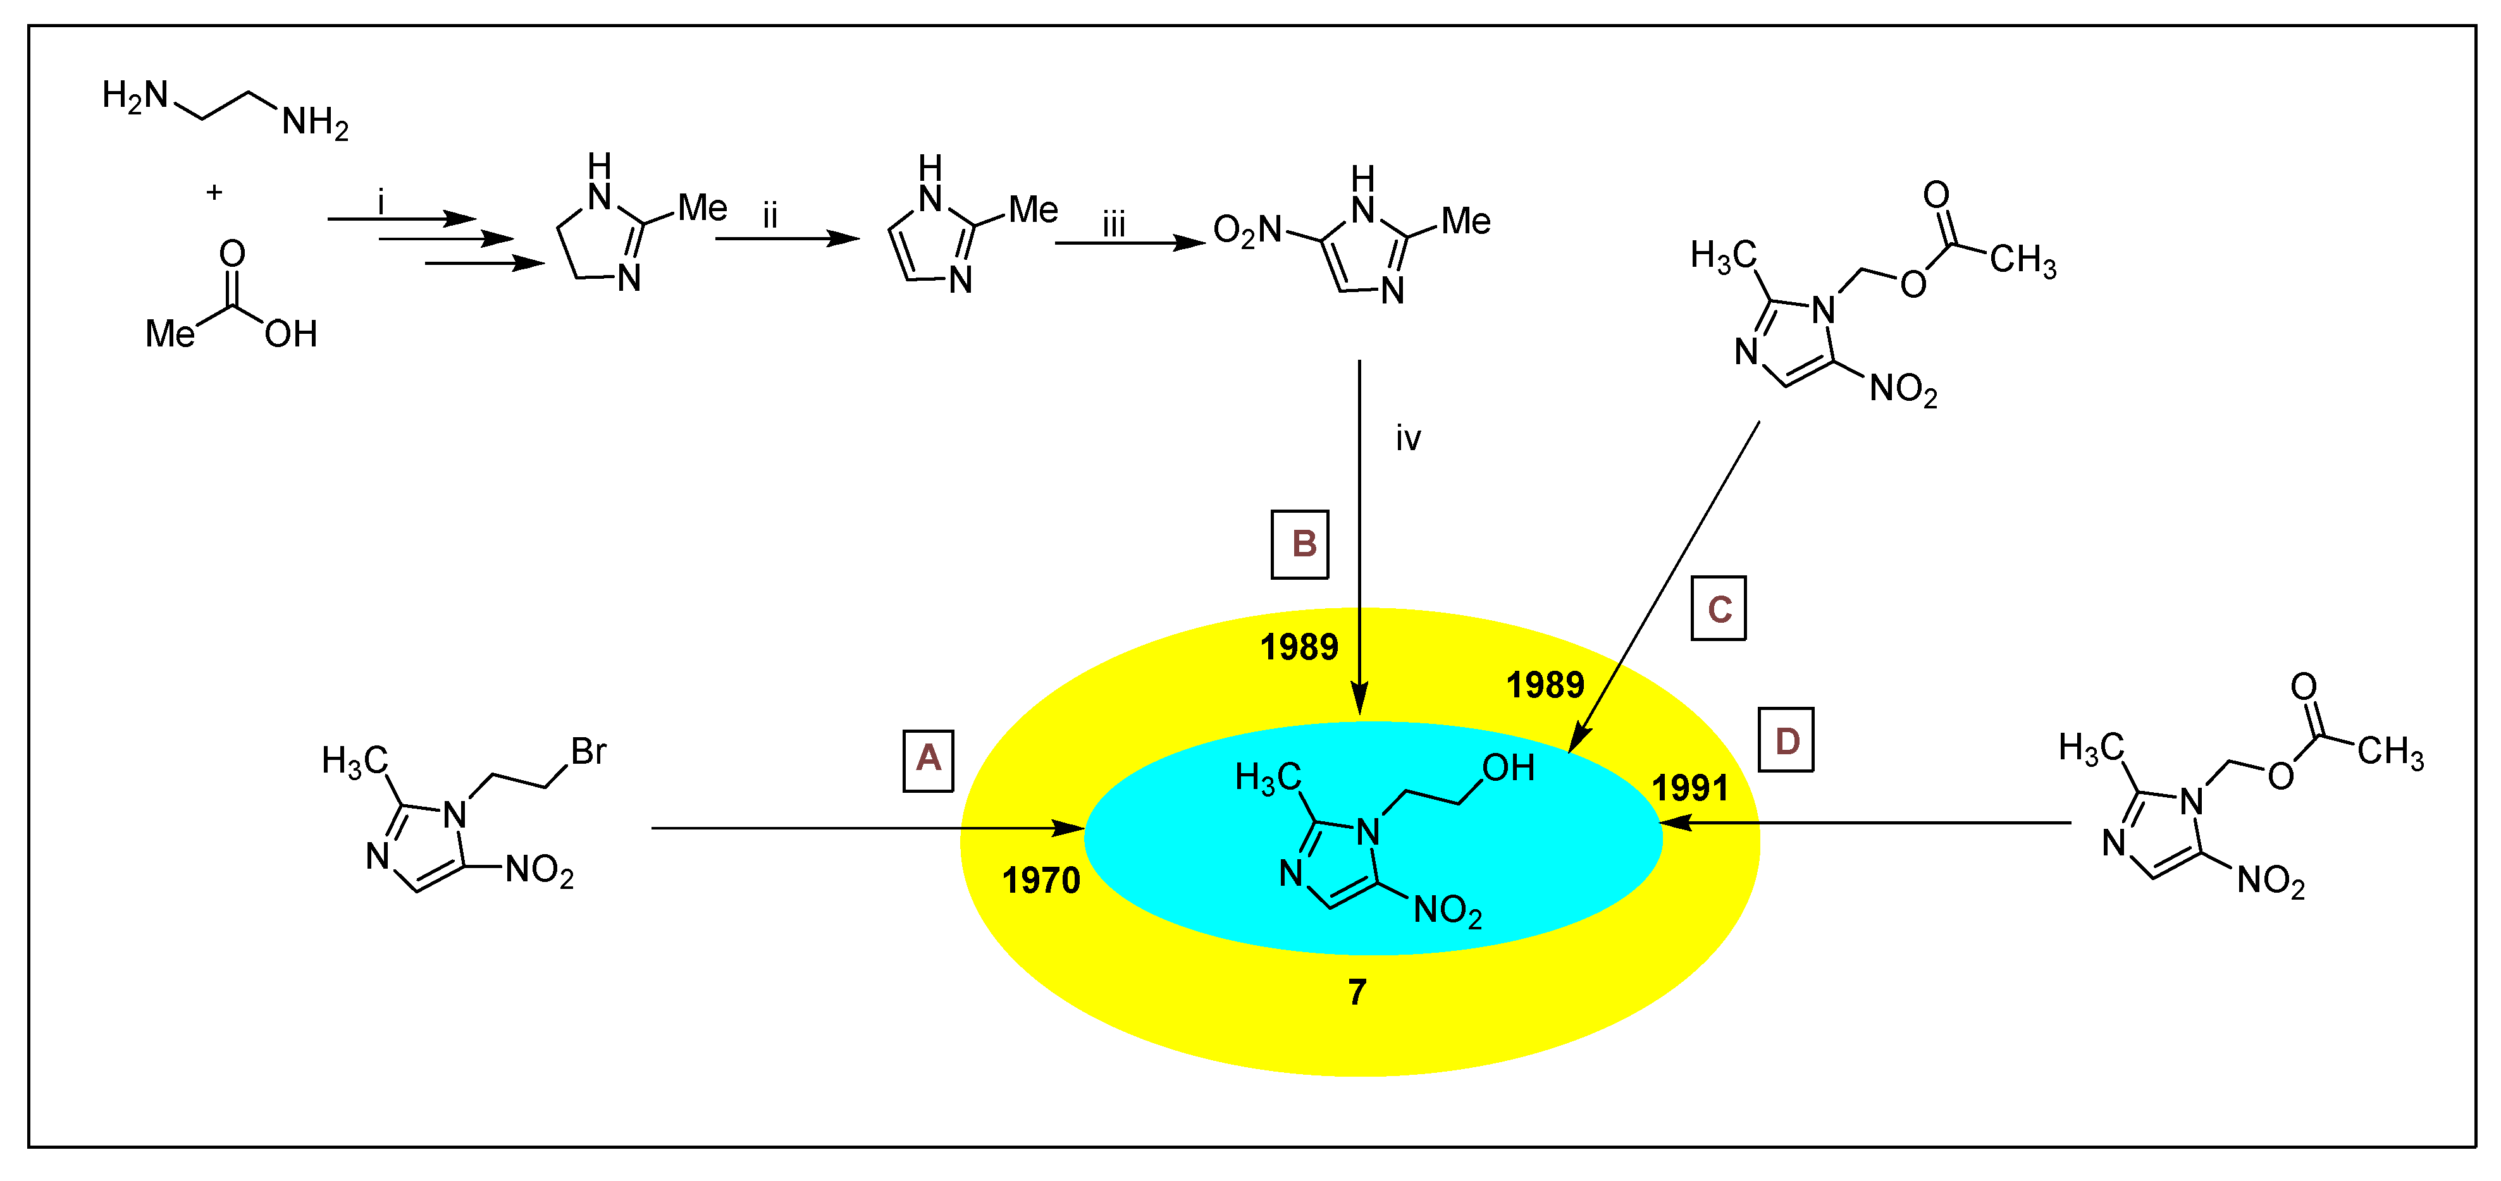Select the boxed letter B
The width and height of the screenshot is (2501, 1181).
[1299, 544]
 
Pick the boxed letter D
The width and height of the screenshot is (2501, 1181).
[1786, 740]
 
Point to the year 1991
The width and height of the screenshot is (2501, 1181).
[1690, 788]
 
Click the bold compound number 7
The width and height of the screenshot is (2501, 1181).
[1357, 992]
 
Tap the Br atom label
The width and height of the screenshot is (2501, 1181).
[588, 751]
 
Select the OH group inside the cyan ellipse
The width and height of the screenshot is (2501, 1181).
[1508, 769]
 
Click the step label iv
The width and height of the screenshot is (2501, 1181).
[1408, 439]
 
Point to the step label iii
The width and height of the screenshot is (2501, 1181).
[1114, 225]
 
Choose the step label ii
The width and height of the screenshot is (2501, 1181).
[770, 216]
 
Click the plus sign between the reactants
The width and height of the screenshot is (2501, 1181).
[214, 192]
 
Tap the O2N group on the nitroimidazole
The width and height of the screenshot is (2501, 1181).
[1247, 231]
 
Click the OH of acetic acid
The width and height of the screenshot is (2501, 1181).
[290, 334]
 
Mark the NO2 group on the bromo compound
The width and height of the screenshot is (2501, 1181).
[540, 871]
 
